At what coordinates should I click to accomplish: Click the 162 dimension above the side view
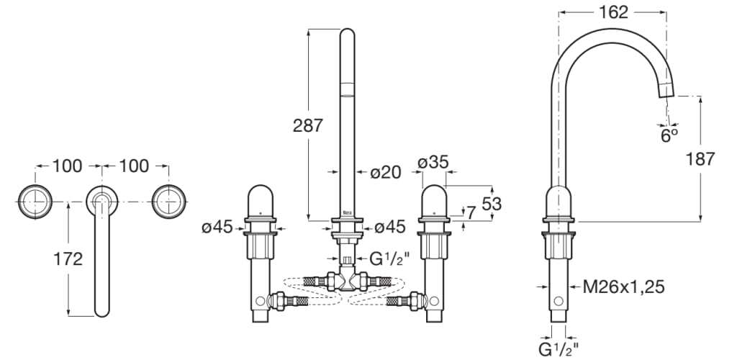(x=612, y=12)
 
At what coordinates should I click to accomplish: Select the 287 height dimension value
(x=308, y=125)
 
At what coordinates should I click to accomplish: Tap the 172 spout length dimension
(x=69, y=258)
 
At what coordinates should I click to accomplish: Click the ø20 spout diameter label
(x=385, y=172)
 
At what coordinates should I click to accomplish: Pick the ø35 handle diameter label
(x=434, y=162)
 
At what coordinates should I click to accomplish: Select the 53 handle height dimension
(x=492, y=204)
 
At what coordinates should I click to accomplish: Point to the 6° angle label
(x=670, y=134)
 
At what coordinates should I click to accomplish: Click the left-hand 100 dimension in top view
(x=67, y=166)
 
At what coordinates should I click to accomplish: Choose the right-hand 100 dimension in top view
(x=134, y=166)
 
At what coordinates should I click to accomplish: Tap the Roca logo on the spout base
(x=347, y=213)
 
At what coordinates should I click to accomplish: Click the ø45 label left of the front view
(x=217, y=228)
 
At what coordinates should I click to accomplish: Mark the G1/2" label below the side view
(x=559, y=348)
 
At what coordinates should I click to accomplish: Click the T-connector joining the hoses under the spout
(x=347, y=279)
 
